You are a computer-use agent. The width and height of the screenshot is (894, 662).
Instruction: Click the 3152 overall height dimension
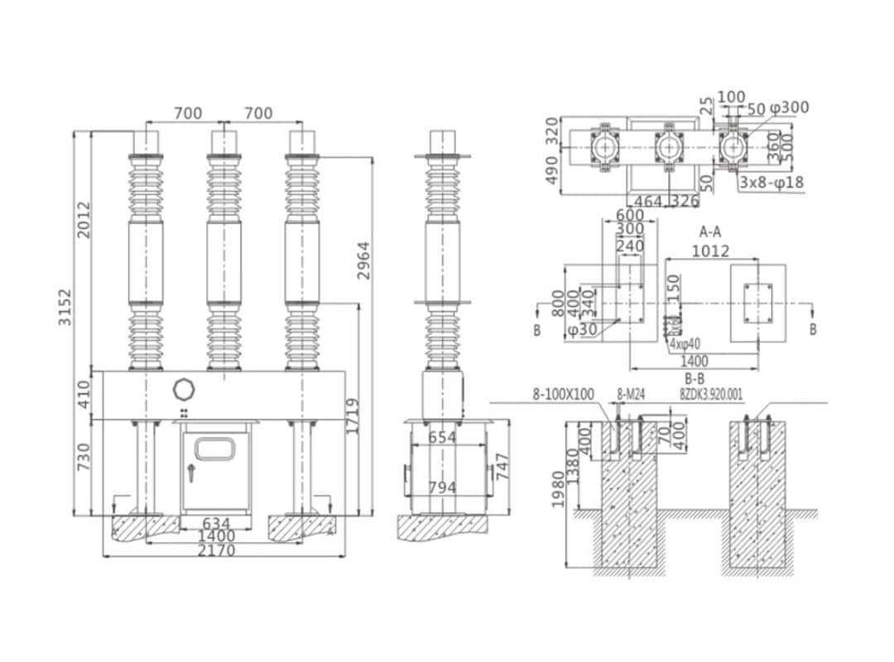click(65, 307)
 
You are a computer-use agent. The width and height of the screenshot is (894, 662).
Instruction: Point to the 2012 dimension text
click(84, 219)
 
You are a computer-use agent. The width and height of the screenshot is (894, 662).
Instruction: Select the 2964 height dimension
click(364, 260)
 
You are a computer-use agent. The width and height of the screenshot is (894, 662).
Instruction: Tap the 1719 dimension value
click(353, 416)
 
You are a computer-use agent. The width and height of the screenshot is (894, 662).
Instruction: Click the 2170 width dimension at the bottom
click(217, 550)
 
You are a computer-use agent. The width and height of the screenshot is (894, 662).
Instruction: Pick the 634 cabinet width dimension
click(216, 523)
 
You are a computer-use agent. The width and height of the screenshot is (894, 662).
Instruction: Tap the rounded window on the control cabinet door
click(214, 449)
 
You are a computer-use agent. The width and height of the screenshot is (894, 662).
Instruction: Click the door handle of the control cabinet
click(191, 474)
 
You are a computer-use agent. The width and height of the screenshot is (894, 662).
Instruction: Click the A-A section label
click(713, 231)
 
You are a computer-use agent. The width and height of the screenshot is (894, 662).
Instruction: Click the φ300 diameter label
click(789, 108)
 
